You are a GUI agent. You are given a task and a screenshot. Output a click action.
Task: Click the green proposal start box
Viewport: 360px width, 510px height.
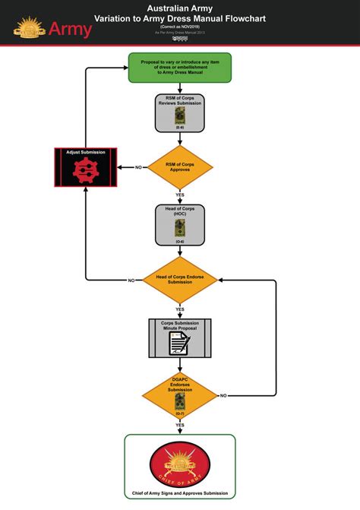(x=180, y=68)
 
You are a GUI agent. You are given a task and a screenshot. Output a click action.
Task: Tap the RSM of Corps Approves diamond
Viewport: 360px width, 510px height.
(x=180, y=167)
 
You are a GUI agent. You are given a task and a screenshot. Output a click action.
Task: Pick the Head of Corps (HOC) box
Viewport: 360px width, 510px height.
(x=180, y=224)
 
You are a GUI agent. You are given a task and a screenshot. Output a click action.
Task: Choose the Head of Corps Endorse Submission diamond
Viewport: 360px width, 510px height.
(x=180, y=280)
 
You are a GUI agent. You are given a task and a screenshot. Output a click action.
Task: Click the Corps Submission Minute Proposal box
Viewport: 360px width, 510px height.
(x=180, y=338)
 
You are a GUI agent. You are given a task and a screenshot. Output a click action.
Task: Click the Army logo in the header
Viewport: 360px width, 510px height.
(x=52, y=30)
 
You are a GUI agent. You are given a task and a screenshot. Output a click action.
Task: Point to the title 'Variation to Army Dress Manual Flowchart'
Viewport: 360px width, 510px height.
(x=180, y=17)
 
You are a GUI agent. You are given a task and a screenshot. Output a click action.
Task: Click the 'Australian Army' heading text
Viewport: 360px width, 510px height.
(x=180, y=7)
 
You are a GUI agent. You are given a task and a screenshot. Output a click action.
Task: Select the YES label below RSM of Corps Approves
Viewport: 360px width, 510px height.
(x=180, y=195)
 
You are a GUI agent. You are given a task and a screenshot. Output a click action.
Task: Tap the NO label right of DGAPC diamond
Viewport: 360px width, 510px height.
(x=223, y=396)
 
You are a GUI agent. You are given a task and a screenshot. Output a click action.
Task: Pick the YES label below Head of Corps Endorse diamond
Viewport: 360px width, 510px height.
(x=180, y=309)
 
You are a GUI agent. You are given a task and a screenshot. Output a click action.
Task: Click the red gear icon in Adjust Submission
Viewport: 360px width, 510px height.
(x=85, y=172)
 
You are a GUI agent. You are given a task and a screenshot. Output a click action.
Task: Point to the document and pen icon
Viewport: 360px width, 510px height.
(x=180, y=344)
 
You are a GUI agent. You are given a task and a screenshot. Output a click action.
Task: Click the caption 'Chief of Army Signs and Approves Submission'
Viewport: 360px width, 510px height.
(x=180, y=493)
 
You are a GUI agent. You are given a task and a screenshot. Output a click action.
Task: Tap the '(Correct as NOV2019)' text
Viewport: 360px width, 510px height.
(x=180, y=27)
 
